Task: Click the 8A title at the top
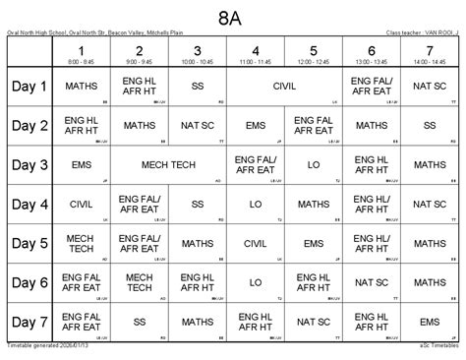233,17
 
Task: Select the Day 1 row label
29,87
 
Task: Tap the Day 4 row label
29,205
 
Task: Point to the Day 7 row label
29,321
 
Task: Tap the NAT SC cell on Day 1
429,87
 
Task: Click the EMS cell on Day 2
256,126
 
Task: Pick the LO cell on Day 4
256,205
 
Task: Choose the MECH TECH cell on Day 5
82,243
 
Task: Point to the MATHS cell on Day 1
82,87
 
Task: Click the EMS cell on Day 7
429,321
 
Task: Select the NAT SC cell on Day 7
313,321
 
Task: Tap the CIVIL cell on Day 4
82,205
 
